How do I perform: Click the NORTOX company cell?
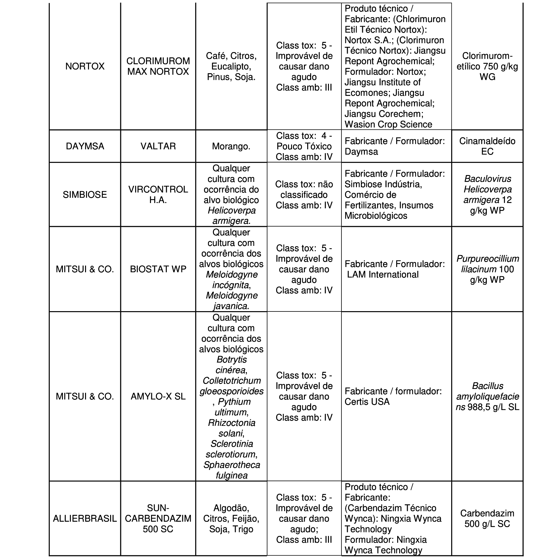point(85,66)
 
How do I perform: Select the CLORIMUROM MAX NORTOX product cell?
point(158,66)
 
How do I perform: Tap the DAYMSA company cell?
point(85,146)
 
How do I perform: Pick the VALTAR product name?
point(158,146)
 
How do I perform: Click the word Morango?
point(231,146)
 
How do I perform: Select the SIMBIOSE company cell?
point(85,194)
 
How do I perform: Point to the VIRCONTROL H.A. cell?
point(158,194)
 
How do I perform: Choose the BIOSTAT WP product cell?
point(158,269)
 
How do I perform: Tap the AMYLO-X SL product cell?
point(158,396)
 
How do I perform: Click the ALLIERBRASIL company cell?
point(85,518)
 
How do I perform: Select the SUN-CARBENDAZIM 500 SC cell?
point(158,518)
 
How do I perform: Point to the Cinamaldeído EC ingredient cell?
point(487,146)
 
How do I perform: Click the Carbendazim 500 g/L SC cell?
point(487,518)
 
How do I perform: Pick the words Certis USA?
point(367,401)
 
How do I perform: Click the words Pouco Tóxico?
point(304,146)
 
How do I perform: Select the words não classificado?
point(304,190)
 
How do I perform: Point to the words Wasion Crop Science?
point(388,124)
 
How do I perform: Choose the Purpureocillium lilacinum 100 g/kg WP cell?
point(487,269)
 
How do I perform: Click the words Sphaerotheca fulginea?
point(231,470)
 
